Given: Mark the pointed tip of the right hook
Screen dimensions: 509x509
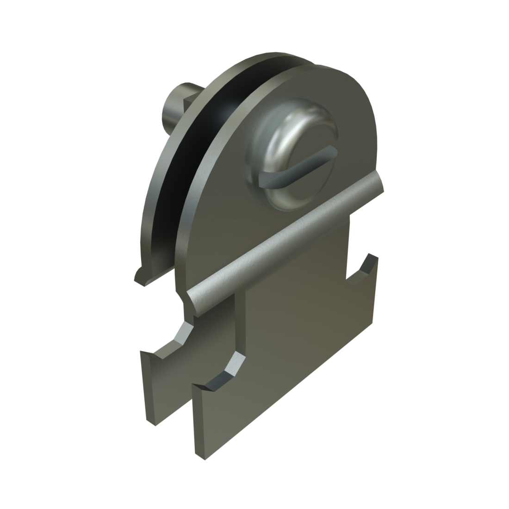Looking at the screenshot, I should point(369,254).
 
